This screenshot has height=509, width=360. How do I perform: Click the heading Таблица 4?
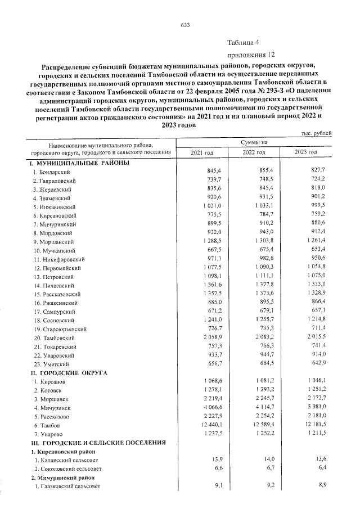coord(244,43)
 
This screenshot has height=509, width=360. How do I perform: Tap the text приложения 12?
coord(251,55)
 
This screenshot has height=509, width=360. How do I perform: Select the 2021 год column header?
coord(202,152)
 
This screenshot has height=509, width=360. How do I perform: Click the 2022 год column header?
coord(254,152)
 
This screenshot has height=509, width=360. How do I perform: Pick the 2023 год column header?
coord(306,152)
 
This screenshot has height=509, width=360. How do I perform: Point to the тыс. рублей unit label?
coord(317,133)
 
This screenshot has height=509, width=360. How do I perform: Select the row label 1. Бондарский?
coord(51,171)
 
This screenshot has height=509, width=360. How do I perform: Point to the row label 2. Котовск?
coord(47,390)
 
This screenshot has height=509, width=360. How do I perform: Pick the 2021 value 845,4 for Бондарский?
coord(216,170)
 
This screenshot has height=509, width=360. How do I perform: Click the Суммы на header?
coord(254,143)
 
